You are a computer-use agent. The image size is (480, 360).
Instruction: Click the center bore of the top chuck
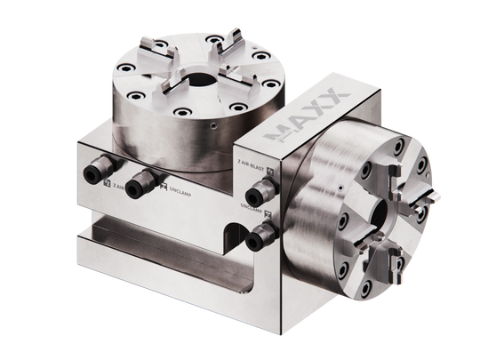(201, 76)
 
